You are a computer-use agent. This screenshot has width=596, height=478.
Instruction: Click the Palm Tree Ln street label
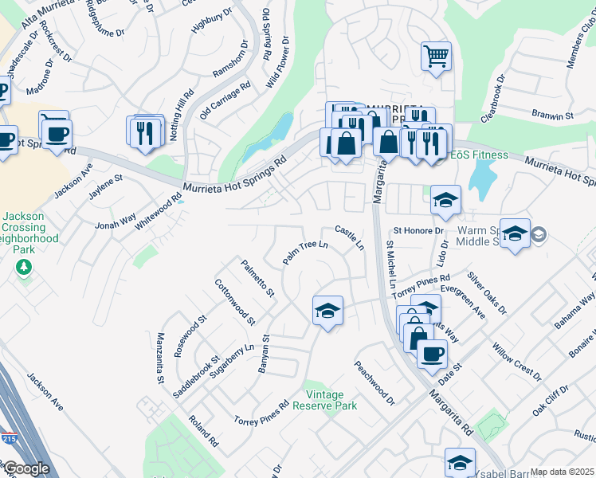306,252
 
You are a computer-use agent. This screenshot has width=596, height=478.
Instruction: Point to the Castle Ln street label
348,237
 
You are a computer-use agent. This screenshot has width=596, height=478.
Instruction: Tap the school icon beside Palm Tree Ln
327,311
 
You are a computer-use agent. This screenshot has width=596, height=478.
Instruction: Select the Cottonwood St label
234,303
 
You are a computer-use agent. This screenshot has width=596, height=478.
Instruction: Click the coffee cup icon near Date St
432,355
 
